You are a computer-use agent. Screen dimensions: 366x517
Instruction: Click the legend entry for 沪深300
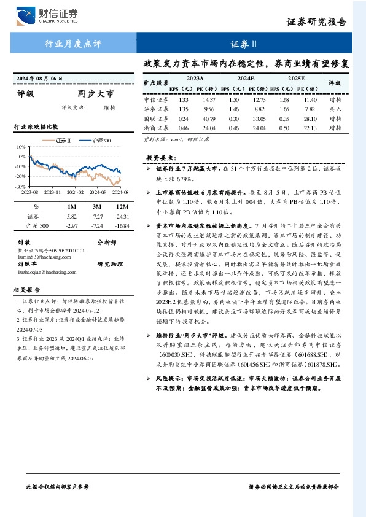pyautogui.click(x=98, y=141)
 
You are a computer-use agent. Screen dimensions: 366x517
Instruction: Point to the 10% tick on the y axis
pyautogui.click(x=21, y=147)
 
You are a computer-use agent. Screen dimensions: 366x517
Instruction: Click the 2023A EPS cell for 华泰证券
pyautogui.click(x=183, y=109)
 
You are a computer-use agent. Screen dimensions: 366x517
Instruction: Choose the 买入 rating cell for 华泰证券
pyautogui.click(x=335, y=109)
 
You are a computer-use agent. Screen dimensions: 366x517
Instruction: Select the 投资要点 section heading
pyautogui.click(x=162, y=158)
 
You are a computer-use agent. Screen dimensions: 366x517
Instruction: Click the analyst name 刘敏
pyautogui.click(x=24, y=243)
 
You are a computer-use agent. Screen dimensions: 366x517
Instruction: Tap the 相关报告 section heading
pyautogui.click(x=27, y=289)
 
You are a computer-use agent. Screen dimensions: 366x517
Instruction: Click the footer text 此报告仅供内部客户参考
pyautogui.click(x=58, y=486)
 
